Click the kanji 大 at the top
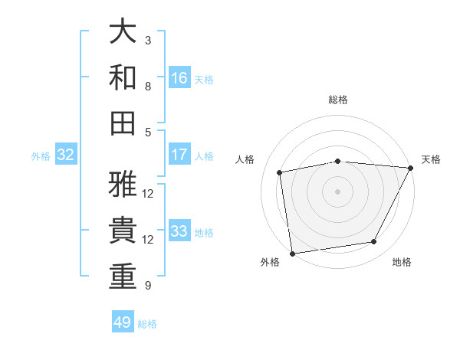[123, 32]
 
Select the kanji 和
[123, 77]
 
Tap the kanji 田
[123, 123]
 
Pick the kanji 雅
[123, 185]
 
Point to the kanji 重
[123, 277]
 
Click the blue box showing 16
[179, 78]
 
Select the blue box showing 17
[179, 155]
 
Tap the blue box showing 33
[179, 231]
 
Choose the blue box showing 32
[66, 155]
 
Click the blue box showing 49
[123, 322]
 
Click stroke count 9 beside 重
[148, 286]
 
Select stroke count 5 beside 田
[148, 132]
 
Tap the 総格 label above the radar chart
[338, 100]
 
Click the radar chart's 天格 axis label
[431, 159]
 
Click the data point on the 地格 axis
[374, 242]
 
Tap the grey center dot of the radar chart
[338, 191]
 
